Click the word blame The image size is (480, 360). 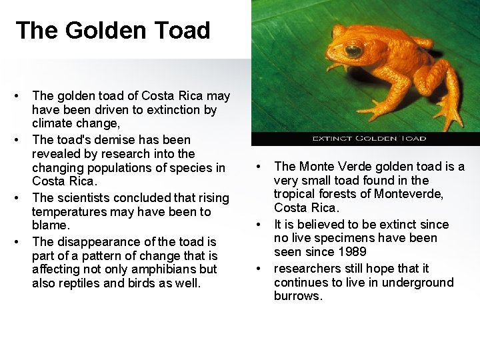point(49,226)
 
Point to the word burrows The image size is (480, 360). point(297,296)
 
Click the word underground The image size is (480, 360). point(419,282)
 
